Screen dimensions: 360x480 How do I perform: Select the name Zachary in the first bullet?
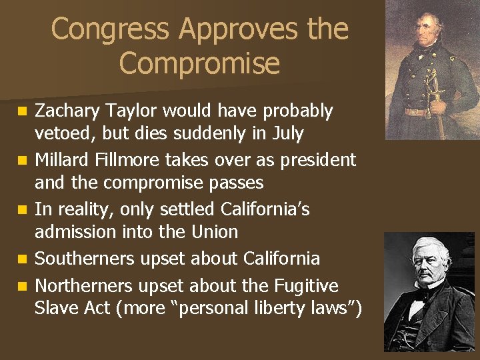coord(65,111)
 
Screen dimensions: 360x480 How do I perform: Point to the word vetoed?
coord(69,134)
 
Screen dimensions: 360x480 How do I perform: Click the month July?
coord(287,134)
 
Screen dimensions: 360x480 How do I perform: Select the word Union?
coord(215,232)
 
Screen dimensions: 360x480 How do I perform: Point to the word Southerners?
coord(83,259)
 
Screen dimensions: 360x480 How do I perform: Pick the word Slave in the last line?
coord(56,309)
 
